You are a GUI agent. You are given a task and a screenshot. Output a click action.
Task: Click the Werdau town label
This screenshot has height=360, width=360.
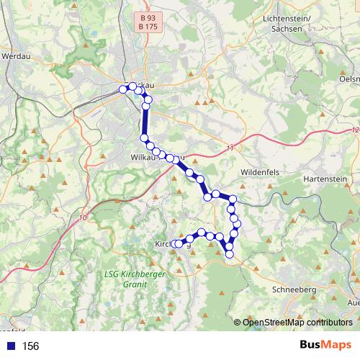[14, 55]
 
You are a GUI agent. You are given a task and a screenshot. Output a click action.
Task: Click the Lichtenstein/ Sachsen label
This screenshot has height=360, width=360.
[287, 22]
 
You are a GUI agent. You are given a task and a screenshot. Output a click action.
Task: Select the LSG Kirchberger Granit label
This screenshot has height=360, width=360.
[126, 279]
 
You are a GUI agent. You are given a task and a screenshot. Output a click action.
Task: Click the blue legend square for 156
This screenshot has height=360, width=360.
[9, 346]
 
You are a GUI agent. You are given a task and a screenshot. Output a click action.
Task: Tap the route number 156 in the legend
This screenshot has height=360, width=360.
[31, 346]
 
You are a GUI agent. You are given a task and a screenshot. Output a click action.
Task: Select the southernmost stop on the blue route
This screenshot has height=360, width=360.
[230, 254]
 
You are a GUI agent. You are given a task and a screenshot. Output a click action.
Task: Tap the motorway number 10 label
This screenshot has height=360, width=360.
[84, 217]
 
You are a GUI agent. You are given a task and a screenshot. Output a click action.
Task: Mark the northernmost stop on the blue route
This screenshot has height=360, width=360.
[132, 86]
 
